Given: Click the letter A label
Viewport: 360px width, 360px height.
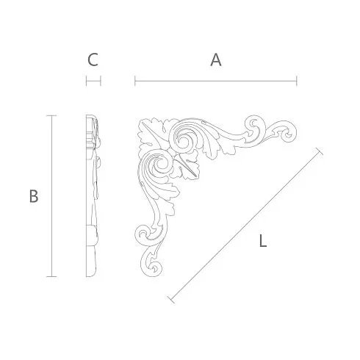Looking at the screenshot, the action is (x=216, y=60).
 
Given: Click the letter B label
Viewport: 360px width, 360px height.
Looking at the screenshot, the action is (x=34, y=196).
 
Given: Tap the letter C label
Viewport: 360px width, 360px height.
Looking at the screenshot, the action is (x=93, y=60).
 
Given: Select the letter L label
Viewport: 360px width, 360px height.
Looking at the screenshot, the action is (x=262, y=240).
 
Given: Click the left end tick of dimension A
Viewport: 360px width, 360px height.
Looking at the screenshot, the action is (x=135, y=81).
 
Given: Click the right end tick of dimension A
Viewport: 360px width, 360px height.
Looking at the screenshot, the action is (x=297, y=81).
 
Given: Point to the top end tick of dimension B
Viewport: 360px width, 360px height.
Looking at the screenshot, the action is (x=51, y=115).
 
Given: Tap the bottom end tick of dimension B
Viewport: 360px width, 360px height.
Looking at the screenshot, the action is (x=51, y=276).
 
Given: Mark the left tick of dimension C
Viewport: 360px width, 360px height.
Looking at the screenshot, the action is (x=86, y=81).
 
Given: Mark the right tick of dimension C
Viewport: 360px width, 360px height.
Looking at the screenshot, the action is (x=101, y=81).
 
